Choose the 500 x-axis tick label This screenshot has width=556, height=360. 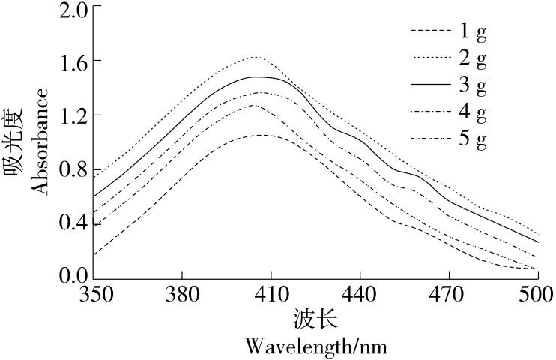pos(537,293)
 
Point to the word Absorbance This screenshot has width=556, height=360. pos(41,140)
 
